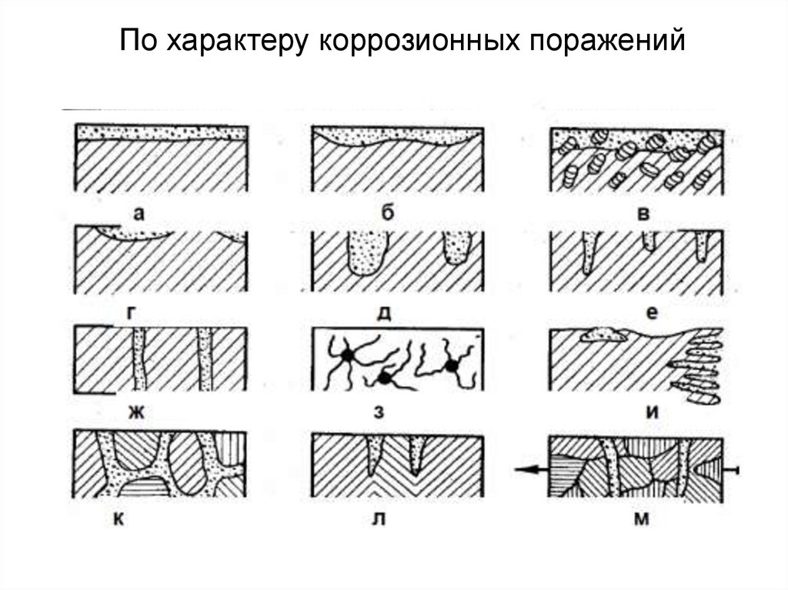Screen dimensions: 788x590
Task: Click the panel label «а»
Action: [139, 214]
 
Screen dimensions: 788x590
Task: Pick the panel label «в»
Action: [643, 214]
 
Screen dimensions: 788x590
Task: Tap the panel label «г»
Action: [131, 312]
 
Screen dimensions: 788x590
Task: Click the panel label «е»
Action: [651, 313]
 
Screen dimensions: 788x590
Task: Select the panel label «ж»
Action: [136, 412]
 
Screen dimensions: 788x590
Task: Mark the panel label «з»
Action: [379, 412]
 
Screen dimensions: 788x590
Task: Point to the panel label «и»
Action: [652, 412]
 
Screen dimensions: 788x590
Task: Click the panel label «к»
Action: [119, 518]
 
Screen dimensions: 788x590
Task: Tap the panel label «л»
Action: [379, 518]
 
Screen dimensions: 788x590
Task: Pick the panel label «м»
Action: [641, 518]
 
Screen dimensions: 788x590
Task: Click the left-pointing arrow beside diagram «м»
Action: [531, 470]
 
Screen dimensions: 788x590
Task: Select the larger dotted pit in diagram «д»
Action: [367, 253]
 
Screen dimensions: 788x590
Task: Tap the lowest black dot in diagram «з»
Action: [385, 378]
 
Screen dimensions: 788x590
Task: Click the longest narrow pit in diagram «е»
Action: [589, 252]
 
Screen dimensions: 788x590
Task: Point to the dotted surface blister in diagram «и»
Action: [603, 335]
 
